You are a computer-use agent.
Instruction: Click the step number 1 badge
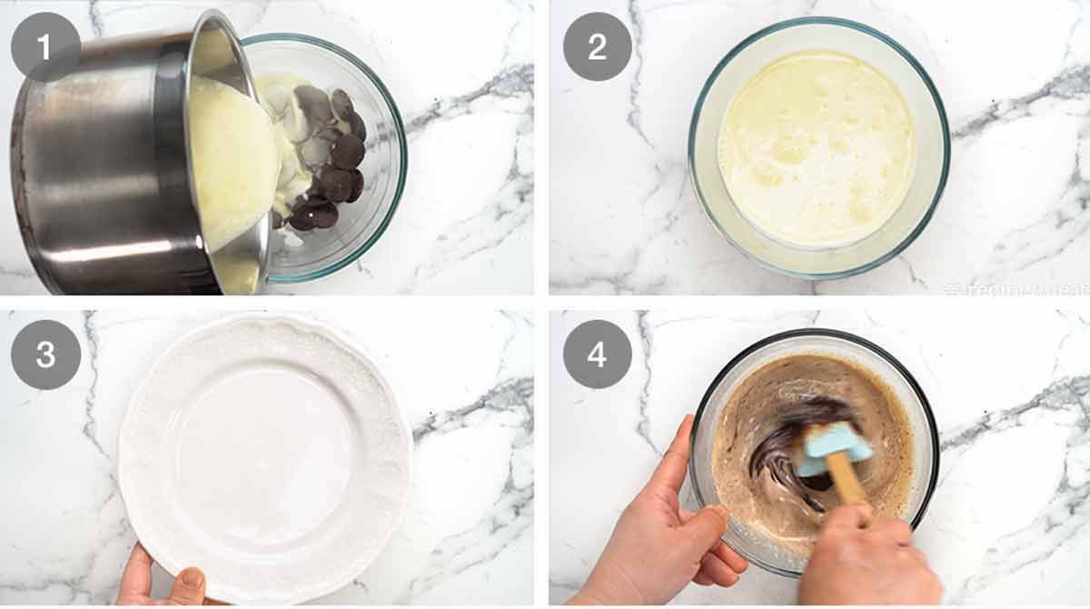point(45,46)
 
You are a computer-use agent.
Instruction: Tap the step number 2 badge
point(597,46)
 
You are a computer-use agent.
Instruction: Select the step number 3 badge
point(45,354)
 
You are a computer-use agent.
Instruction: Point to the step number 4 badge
point(597,354)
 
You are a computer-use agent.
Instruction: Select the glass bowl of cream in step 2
point(817,145)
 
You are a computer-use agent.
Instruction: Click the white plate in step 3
point(263,454)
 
